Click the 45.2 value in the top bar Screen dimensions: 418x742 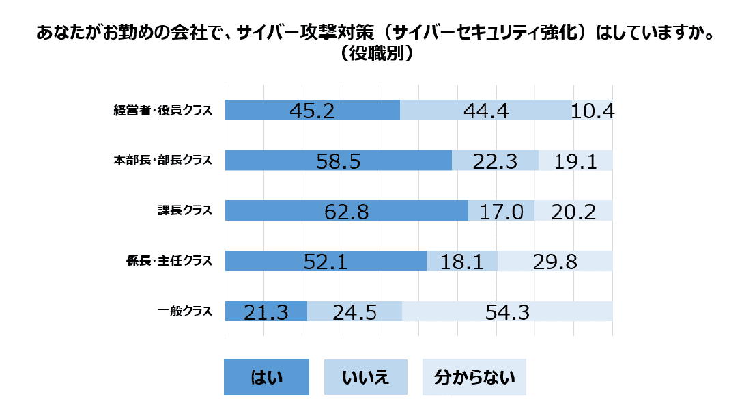[311, 111]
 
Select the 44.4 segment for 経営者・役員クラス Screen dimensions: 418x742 [485, 111]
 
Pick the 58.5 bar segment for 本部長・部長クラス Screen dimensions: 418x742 [338, 161]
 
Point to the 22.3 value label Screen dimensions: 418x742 [495, 161]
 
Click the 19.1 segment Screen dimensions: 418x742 [575, 161]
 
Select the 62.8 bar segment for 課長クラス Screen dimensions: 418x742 [346, 211]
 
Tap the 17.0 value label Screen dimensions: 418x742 [501, 211]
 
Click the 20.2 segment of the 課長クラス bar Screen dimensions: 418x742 [573, 211]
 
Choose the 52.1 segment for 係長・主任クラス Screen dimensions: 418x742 [326, 262]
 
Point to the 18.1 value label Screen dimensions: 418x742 [462, 262]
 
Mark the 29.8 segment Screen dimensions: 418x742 [555, 262]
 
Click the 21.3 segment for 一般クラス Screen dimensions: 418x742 [266, 312]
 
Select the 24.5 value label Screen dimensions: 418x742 [355, 312]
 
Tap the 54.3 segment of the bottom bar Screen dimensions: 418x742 [507, 312]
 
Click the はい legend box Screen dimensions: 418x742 [266, 377]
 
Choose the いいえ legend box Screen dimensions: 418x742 [365, 377]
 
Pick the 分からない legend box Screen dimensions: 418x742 [474, 377]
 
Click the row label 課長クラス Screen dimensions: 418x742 [185, 211]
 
